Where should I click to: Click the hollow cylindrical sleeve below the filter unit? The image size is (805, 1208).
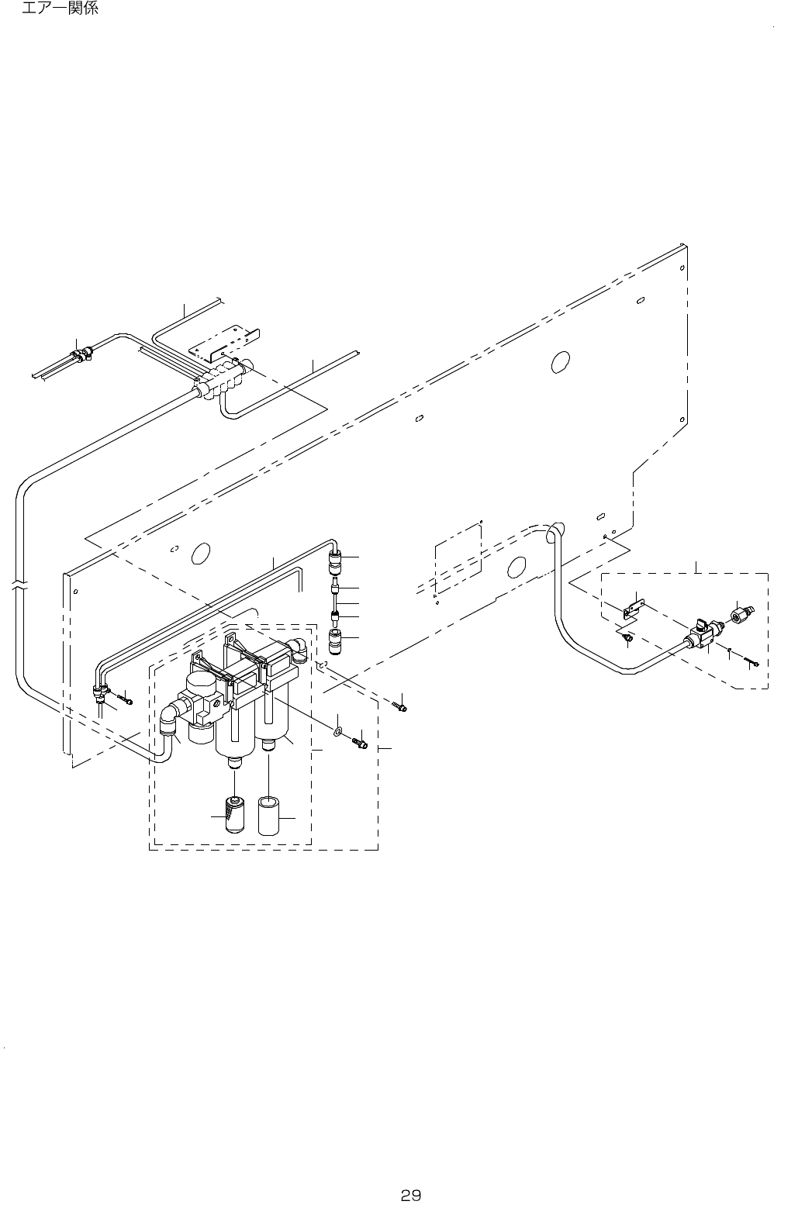[x=269, y=815]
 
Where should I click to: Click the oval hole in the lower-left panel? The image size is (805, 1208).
[x=199, y=553]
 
